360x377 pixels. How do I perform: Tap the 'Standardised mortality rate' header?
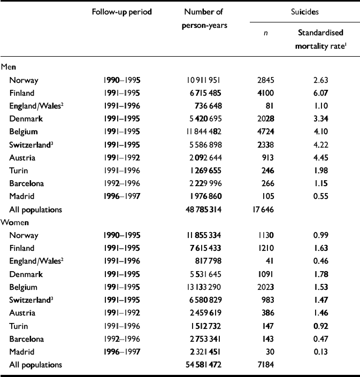320,39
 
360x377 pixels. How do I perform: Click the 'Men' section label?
8,67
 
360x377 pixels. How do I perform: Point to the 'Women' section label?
14,222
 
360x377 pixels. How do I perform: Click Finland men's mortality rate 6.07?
320,93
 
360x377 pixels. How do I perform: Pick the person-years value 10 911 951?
203,80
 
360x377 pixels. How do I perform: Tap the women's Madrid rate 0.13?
320,352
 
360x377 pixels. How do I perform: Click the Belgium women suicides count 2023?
265,287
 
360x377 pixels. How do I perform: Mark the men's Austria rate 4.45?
320,157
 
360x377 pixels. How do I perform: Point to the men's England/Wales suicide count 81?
269,106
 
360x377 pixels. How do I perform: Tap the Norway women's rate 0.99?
320,235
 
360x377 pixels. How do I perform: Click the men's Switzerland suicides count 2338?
265,144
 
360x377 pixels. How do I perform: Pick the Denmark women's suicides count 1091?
265,274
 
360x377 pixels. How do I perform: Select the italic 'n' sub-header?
266,33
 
